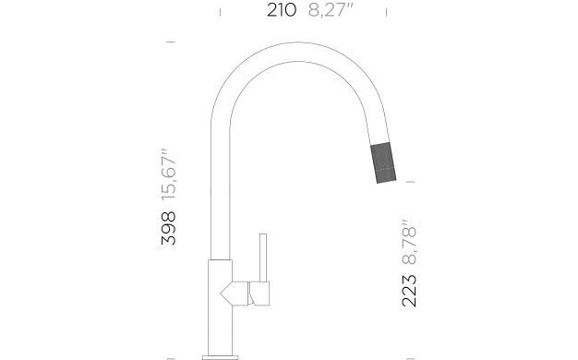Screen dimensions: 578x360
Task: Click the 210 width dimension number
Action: point(282,10)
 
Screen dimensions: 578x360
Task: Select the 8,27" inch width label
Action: point(331,10)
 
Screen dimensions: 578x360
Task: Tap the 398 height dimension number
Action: point(168,228)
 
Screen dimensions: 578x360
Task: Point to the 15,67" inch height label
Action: point(169,174)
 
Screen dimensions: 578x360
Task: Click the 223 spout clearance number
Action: point(409,291)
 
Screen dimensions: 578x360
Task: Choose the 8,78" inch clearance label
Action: point(409,242)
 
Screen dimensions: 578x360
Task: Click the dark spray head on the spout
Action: point(383,162)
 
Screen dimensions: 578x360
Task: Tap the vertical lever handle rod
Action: point(263,258)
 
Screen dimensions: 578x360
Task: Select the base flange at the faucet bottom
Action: point(221,357)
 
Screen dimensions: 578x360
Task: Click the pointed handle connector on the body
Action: point(235,294)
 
